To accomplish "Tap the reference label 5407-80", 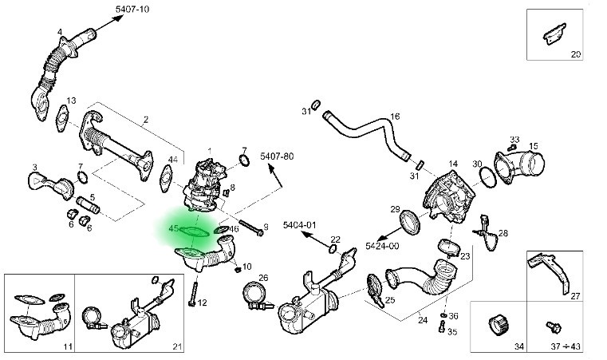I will click(x=276, y=156).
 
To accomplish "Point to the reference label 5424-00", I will click(x=383, y=246).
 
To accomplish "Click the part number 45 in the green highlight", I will click(x=174, y=229).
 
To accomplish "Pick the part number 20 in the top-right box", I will click(x=576, y=54).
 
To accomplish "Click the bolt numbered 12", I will click(x=191, y=294).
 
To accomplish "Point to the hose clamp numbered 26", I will click(x=256, y=295).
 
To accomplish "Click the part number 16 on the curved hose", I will click(x=394, y=117).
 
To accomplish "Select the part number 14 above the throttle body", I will click(x=452, y=163).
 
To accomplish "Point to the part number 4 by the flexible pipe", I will click(x=59, y=32).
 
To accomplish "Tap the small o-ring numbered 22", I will click(x=333, y=248).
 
